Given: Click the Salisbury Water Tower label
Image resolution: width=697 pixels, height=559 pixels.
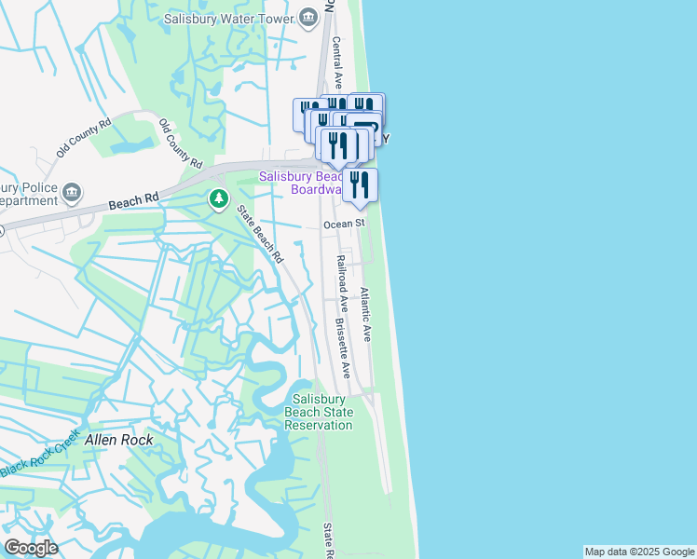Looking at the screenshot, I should click(229, 18).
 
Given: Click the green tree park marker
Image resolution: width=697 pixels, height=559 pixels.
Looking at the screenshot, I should click(219, 198).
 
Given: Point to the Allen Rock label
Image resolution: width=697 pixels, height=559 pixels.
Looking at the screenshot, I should click(118, 439).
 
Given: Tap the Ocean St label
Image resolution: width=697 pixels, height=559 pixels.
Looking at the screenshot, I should click(343, 225).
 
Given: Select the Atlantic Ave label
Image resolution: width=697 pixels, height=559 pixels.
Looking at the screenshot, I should click(366, 314).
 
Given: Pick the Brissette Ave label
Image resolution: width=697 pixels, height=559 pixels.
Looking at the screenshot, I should click(342, 348).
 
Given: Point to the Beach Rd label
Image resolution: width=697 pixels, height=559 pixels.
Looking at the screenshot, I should click(133, 200).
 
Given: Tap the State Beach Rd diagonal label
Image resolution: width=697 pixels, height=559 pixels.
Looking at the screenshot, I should click(259, 234).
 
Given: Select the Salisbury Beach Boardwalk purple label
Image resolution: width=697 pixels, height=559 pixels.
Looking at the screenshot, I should click(299, 182).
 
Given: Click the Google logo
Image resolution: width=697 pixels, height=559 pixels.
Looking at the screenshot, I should click(30, 547).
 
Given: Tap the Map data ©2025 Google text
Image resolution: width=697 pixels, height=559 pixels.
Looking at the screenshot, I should click(639, 552).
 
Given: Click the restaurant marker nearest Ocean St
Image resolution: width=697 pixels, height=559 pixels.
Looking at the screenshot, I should click(360, 185).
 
